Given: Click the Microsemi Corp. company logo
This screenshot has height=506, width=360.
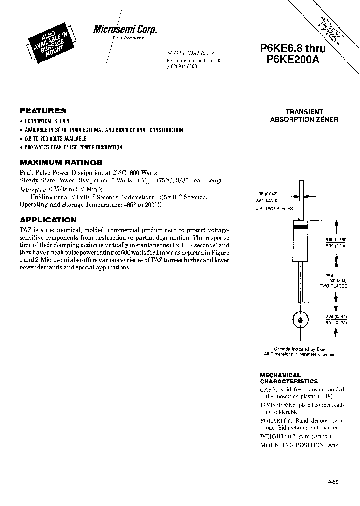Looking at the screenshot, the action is [x=125, y=30].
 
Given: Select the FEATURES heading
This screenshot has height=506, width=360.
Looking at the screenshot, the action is [x=43, y=111].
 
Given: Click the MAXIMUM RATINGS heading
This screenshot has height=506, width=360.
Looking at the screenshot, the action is [x=61, y=162].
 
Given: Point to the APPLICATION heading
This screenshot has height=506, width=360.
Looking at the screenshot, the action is [x=48, y=220].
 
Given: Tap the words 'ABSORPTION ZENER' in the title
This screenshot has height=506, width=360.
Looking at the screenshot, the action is [x=304, y=120].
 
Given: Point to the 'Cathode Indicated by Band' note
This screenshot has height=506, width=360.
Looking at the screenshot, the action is [x=300, y=349].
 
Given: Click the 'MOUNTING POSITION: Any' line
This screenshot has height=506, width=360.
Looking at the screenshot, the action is [x=299, y=445].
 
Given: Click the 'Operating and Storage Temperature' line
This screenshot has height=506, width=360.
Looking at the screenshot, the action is [x=91, y=205].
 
